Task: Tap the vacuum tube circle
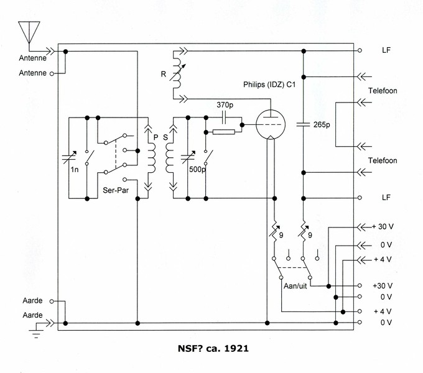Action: click(271, 124)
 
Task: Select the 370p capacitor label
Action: click(225, 105)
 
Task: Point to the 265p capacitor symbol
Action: click(303, 124)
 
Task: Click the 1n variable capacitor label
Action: click(75, 170)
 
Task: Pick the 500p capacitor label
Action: click(197, 169)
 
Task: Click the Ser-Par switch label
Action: click(116, 190)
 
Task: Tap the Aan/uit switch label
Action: click(295, 286)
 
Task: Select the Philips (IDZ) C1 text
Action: click(269, 85)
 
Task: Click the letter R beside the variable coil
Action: click(164, 74)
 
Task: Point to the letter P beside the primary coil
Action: click(156, 137)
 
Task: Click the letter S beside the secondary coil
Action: click(165, 137)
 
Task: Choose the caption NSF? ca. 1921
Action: click(213, 349)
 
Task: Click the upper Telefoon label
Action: click(383, 91)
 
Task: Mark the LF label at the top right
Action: click(386, 50)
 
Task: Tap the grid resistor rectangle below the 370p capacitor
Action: click(224, 132)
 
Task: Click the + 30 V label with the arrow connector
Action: click(383, 227)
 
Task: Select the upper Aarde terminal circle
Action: click(52, 302)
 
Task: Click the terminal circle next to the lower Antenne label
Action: click(52, 73)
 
